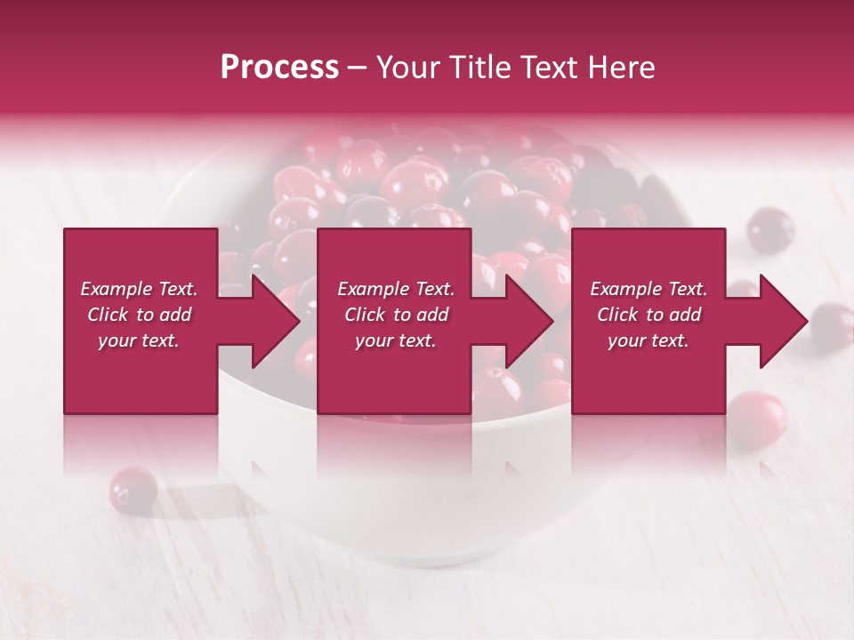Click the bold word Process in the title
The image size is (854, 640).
pos(279,68)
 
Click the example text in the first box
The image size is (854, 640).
pos(140,315)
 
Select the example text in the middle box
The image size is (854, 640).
pos(396,315)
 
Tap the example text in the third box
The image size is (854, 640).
pos(649,315)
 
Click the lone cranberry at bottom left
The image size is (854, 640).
pos(133,488)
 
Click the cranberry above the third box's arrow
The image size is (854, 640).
pos(770,230)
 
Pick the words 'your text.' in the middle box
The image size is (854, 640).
pos(396,340)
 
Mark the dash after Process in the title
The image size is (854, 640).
pos(359,68)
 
